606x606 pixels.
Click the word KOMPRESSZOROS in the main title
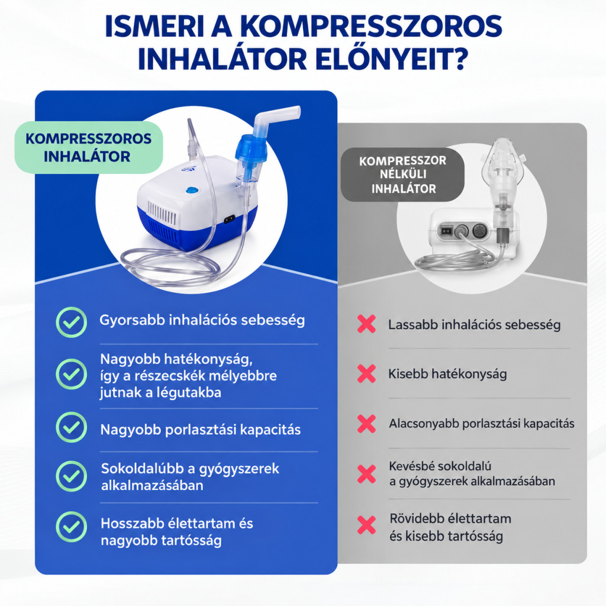(371, 27)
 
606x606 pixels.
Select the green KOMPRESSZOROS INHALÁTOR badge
(89, 147)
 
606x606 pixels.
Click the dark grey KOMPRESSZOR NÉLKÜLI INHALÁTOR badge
(402, 175)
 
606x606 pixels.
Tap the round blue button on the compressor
(191, 191)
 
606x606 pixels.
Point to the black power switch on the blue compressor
(229, 219)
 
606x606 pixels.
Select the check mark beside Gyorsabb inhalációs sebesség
(71, 323)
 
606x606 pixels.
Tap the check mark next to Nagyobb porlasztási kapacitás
(71, 427)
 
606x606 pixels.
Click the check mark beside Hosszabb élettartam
(71, 527)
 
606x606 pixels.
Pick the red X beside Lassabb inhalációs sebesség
(366, 324)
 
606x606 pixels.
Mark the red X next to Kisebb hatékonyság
(366, 374)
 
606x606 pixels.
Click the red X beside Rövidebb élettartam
(366, 525)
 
